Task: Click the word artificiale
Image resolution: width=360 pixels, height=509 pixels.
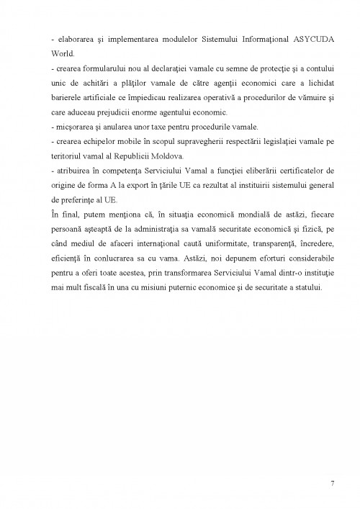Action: (112, 99)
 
